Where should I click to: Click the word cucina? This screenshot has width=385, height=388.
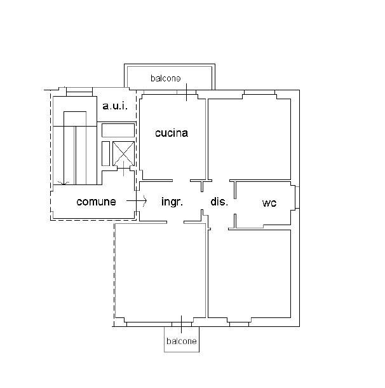[172, 133]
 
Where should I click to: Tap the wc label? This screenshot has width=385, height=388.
[269, 203]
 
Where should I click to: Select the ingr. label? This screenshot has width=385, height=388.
[172, 202]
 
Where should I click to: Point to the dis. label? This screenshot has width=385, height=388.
[219, 202]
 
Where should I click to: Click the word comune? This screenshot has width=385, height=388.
[96, 202]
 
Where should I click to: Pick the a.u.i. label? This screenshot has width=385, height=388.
[115, 106]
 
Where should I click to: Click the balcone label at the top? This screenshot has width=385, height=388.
[166, 78]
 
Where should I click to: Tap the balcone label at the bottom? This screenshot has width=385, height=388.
[182, 341]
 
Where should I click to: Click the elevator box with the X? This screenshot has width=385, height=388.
[123, 154]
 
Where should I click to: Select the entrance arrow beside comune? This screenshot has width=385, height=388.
[137, 201]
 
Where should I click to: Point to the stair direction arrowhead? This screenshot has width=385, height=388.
[64, 183]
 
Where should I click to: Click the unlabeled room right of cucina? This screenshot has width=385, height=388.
[249, 139]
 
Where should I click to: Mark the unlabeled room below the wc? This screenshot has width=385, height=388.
[249, 274]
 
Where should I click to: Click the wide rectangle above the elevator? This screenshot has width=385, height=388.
[118, 130]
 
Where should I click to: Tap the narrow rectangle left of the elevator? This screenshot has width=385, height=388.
[105, 153]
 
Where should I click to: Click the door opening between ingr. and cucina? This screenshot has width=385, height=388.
[181, 181]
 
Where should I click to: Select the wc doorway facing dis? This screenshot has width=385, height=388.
[235, 206]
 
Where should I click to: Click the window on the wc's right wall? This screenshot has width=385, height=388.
[297, 197]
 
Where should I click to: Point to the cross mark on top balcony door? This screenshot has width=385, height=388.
[186, 92]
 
